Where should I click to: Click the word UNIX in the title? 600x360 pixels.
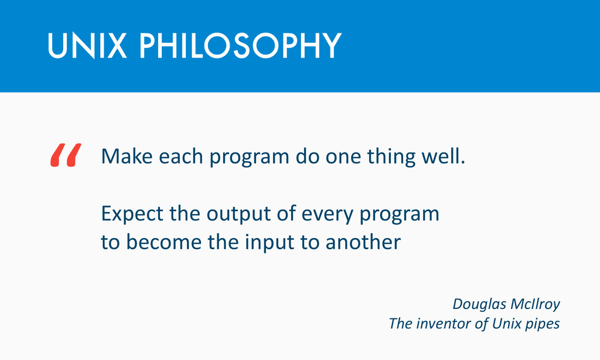pos(87,46)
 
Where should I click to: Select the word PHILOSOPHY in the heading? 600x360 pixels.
pos(240,46)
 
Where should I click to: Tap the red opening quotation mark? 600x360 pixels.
pos(66,155)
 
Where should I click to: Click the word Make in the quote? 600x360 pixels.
pos(127,157)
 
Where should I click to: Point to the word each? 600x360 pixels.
pos(180,157)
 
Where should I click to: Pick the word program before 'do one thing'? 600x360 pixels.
pos(249,158)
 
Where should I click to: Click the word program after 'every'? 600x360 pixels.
pos(399,215)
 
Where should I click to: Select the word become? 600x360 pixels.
pos(163,242)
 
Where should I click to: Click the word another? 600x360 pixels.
pos(363,242)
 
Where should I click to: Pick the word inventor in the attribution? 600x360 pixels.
pos(444,324)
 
